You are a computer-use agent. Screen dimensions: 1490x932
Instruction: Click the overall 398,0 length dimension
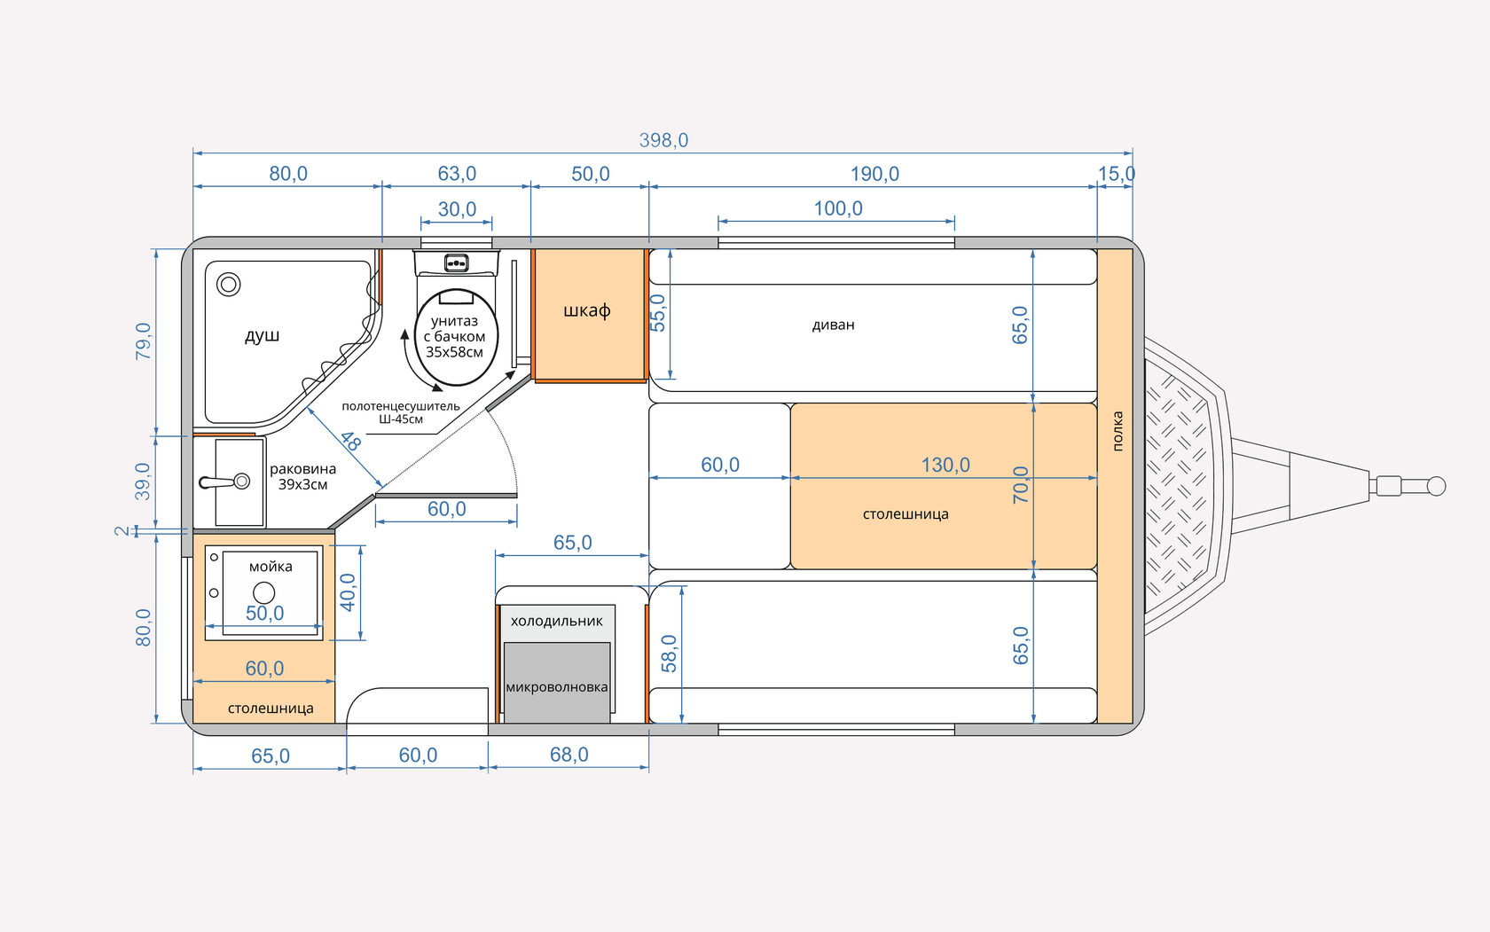(663, 140)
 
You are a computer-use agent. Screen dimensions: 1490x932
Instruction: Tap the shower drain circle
(229, 285)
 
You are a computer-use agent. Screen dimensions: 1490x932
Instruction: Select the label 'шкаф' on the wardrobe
(587, 310)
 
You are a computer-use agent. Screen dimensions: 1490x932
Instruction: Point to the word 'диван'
(833, 325)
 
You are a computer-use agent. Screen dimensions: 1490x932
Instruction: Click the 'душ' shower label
(262, 336)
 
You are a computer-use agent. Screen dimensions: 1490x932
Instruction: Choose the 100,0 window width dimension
(837, 209)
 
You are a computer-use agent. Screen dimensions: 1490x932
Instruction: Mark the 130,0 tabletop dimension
(945, 465)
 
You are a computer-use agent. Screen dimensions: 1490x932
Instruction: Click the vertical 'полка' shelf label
(1117, 431)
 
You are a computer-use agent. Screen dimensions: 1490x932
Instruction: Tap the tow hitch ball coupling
(1437, 486)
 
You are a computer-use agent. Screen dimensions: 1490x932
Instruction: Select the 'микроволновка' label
(557, 687)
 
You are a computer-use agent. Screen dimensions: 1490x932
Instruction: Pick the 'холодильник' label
(557, 622)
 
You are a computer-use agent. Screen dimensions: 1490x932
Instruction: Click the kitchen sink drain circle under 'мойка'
(264, 592)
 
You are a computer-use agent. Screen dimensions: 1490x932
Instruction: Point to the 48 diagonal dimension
(349, 441)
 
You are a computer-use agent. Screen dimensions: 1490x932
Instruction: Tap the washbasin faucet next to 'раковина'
(223, 482)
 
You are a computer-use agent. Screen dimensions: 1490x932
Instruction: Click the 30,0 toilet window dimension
(457, 209)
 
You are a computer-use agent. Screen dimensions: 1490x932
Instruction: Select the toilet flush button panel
(456, 263)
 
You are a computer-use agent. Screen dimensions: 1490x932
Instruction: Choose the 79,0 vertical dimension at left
(143, 341)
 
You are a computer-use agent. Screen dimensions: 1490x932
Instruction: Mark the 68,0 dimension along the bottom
(569, 755)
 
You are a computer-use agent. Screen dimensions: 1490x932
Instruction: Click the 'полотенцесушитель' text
(401, 406)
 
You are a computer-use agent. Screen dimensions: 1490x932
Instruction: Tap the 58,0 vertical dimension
(669, 654)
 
